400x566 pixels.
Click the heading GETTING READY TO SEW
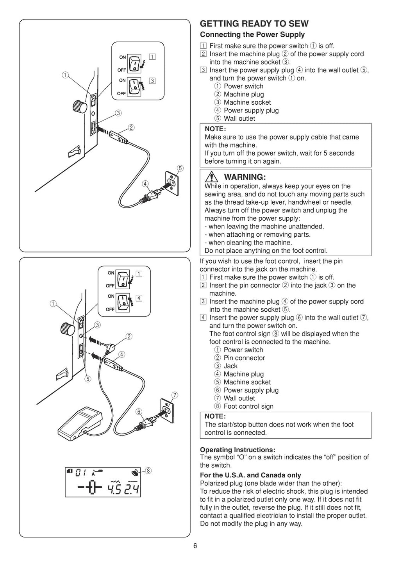[254, 24]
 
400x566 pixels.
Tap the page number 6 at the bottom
[195, 546]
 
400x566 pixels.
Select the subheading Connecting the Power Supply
[252, 35]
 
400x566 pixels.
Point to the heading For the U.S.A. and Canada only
[250, 475]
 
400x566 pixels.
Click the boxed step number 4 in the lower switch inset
[139, 298]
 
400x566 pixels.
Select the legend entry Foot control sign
[248, 406]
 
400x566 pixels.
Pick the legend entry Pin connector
[244, 358]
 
